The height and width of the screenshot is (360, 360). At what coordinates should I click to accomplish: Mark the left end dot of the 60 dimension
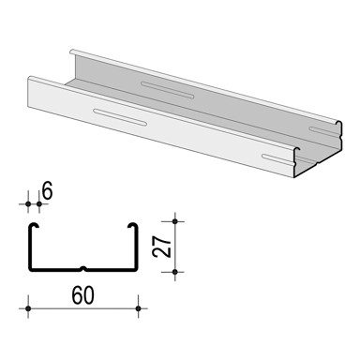[x=28, y=307]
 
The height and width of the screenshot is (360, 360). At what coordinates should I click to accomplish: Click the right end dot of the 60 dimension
[x=138, y=307]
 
